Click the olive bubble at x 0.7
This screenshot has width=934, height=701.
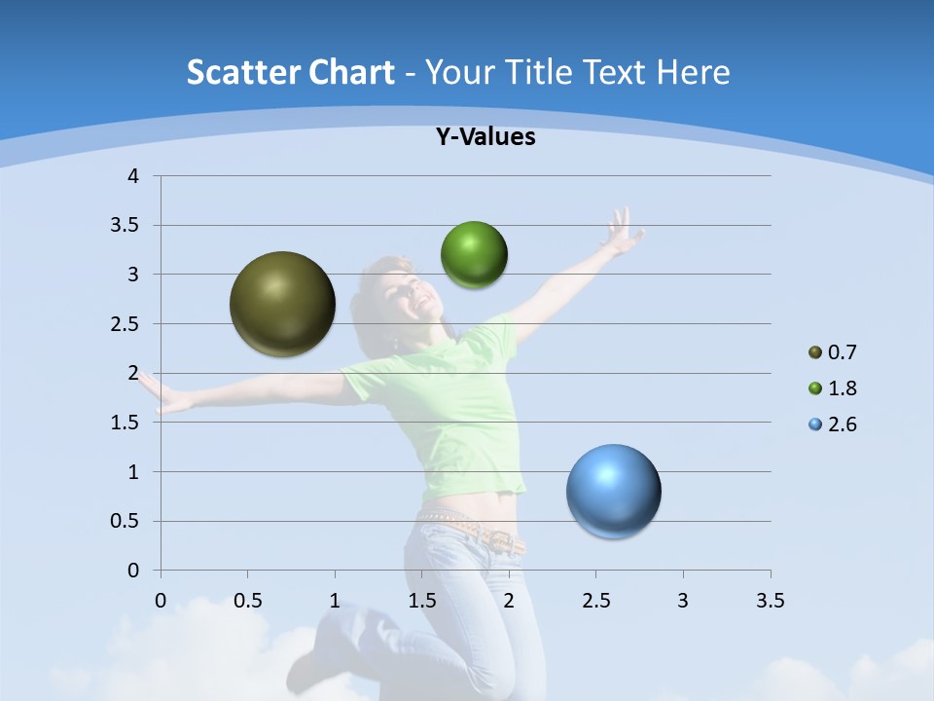point(282,304)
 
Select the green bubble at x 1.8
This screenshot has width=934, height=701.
point(474,255)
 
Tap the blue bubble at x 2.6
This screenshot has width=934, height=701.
point(613,491)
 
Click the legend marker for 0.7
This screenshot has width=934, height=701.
point(815,352)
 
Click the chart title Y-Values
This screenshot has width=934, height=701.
point(485,137)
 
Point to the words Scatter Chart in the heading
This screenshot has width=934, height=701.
point(290,72)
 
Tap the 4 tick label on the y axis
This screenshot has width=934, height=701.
point(134,176)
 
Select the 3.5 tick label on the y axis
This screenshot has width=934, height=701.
point(126,226)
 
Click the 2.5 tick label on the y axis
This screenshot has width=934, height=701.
point(126,324)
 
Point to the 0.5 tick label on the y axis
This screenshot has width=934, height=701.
point(126,521)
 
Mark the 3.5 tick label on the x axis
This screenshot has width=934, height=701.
point(770,601)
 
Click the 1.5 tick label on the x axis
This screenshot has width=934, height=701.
point(421,601)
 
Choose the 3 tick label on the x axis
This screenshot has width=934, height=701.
point(683,601)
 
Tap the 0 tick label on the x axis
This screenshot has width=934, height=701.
point(161,601)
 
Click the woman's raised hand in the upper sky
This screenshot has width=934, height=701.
point(620,232)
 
